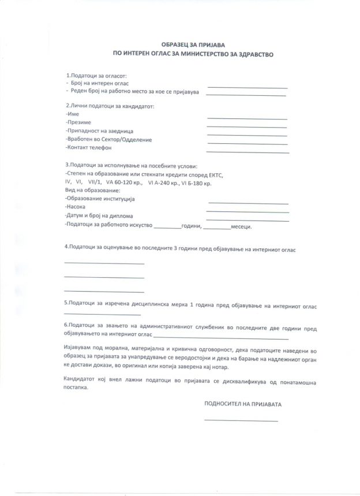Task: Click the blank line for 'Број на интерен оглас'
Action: pyautogui.click(x=247, y=87)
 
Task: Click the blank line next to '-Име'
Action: pyautogui.click(x=247, y=118)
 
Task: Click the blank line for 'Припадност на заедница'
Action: pyautogui.click(x=247, y=135)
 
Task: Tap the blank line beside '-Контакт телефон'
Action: pyautogui.click(x=247, y=152)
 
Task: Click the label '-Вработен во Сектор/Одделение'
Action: pyautogui.click(x=109, y=140)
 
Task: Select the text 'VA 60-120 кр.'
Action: pyautogui.click(x=122, y=182)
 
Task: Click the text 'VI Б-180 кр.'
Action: pyautogui.click(x=196, y=182)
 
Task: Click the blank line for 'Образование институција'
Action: pyautogui.click(x=248, y=203)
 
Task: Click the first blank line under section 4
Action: pyautogui.click(x=104, y=263)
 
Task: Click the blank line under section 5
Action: pyautogui.click(x=103, y=315)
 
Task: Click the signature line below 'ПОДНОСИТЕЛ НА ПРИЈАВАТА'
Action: pyautogui.click(x=241, y=421)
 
